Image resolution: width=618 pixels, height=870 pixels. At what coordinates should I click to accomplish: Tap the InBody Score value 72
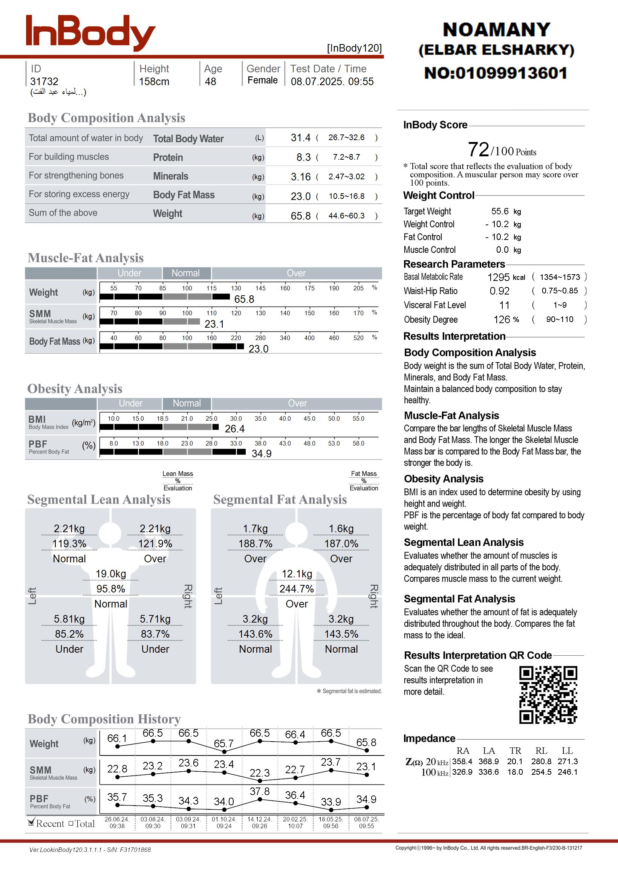(x=478, y=150)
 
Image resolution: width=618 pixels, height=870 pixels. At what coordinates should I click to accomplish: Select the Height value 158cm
(x=154, y=81)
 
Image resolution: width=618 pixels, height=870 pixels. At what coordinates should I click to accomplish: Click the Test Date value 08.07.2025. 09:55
(x=332, y=81)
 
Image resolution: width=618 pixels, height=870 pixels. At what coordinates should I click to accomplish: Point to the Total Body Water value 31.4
(x=301, y=137)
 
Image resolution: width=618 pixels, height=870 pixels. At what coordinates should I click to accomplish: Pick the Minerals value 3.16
(x=301, y=177)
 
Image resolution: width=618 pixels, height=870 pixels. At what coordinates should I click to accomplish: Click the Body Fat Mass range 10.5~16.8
(x=346, y=196)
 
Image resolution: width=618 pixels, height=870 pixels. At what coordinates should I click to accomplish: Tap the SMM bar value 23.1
(x=214, y=324)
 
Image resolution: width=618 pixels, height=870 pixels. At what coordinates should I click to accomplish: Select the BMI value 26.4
(x=234, y=429)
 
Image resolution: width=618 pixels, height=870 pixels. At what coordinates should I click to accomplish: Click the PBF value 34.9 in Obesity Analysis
(x=262, y=453)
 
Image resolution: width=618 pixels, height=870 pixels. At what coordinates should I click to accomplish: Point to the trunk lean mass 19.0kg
(x=111, y=574)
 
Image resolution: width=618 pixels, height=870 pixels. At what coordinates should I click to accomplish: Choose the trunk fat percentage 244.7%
(x=297, y=589)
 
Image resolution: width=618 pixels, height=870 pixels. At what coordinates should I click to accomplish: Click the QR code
(x=548, y=695)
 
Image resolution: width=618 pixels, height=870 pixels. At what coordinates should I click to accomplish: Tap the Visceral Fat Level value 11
(x=504, y=305)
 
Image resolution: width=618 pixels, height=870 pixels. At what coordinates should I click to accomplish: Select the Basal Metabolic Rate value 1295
(x=498, y=277)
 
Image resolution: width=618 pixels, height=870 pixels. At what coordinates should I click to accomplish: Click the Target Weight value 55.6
(x=500, y=211)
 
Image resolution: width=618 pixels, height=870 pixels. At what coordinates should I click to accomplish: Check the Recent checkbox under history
(x=32, y=823)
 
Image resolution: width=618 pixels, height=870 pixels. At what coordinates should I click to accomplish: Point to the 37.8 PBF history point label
(x=260, y=791)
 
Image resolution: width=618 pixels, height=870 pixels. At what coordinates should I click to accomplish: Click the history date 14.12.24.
(x=259, y=819)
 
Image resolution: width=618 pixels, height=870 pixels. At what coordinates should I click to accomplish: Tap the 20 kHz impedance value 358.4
(x=462, y=762)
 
